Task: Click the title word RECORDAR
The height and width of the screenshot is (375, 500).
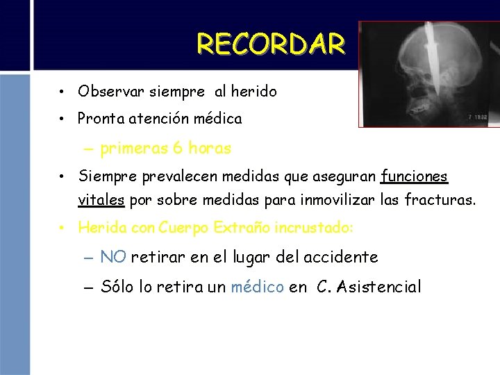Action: (x=271, y=44)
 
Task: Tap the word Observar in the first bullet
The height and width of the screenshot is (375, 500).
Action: (x=106, y=91)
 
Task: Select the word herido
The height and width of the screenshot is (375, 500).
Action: (x=255, y=91)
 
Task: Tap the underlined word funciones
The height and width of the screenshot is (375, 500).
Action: (x=415, y=177)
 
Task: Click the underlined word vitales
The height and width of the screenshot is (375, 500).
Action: (x=101, y=201)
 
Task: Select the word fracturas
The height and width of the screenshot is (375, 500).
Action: (x=440, y=201)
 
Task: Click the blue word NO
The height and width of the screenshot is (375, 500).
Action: (x=112, y=257)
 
